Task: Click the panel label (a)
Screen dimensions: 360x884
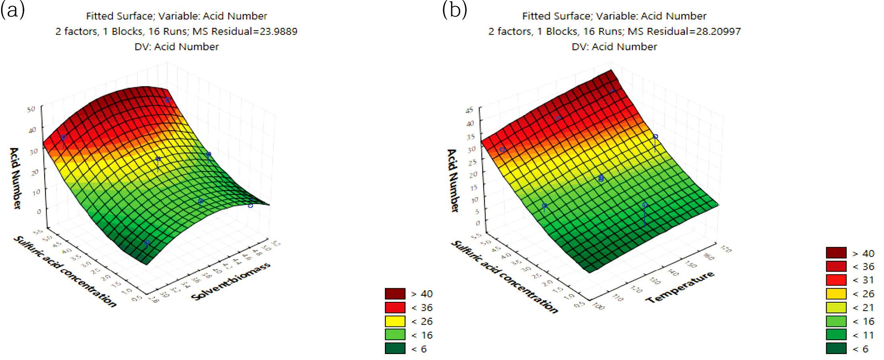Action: (13, 10)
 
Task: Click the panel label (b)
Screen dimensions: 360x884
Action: (455, 10)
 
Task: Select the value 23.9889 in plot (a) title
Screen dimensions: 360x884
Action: (279, 31)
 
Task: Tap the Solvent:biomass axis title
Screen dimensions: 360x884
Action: (231, 281)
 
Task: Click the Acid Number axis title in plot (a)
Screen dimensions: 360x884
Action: (15, 178)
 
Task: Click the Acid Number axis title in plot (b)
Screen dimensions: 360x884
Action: (453, 180)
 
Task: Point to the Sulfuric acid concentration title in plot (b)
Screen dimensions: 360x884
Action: (504, 277)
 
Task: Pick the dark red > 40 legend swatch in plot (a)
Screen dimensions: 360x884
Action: (395, 294)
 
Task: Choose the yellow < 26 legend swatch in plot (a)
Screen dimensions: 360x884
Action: (395, 321)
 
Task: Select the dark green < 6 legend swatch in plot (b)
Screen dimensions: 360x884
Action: (836, 349)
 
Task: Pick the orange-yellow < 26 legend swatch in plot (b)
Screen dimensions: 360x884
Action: (836, 294)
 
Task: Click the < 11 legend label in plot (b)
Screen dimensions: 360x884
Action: (863, 335)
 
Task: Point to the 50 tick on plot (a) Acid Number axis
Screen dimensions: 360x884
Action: (31, 109)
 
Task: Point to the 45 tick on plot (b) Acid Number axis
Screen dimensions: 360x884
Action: (470, 110)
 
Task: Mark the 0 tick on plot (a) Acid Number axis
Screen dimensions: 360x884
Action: (39, 211)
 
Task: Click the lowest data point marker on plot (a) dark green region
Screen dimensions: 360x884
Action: (147, 243)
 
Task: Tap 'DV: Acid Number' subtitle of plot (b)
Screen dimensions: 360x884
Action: (614, 47)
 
